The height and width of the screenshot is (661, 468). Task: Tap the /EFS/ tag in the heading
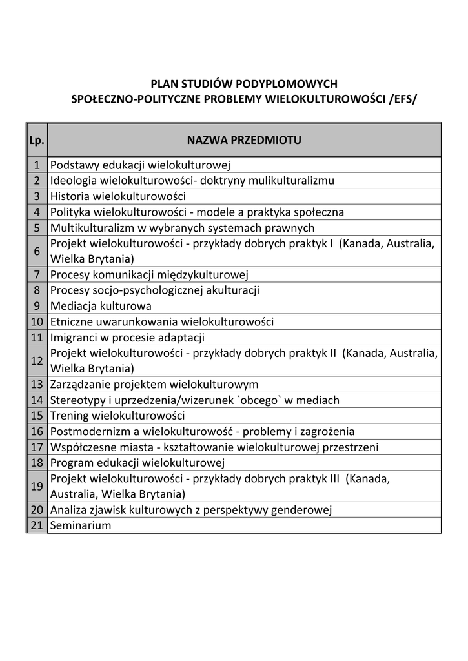(x=402, y=99)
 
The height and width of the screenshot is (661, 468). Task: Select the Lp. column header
(x=37, y=140)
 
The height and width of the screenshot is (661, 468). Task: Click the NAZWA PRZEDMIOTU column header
(x=244, y=140)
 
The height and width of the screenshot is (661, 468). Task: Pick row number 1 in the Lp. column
(x=37, y=165)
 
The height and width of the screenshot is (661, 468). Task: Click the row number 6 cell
(x=37, y=251)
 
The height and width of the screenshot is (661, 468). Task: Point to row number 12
(x=37, y=361)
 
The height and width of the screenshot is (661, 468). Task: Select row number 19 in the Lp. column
(x=37, y=486)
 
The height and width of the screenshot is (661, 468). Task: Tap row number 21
(x=37, y=525)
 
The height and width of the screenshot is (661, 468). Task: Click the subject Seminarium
(x=81, y=525)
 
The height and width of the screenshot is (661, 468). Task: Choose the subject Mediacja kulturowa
(x=101, y=306)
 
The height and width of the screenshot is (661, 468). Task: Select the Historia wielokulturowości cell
(x=118, y=196)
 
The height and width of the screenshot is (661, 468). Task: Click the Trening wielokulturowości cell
(x=117, y=416)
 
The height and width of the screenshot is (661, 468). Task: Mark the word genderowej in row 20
(x=305, y=510)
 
